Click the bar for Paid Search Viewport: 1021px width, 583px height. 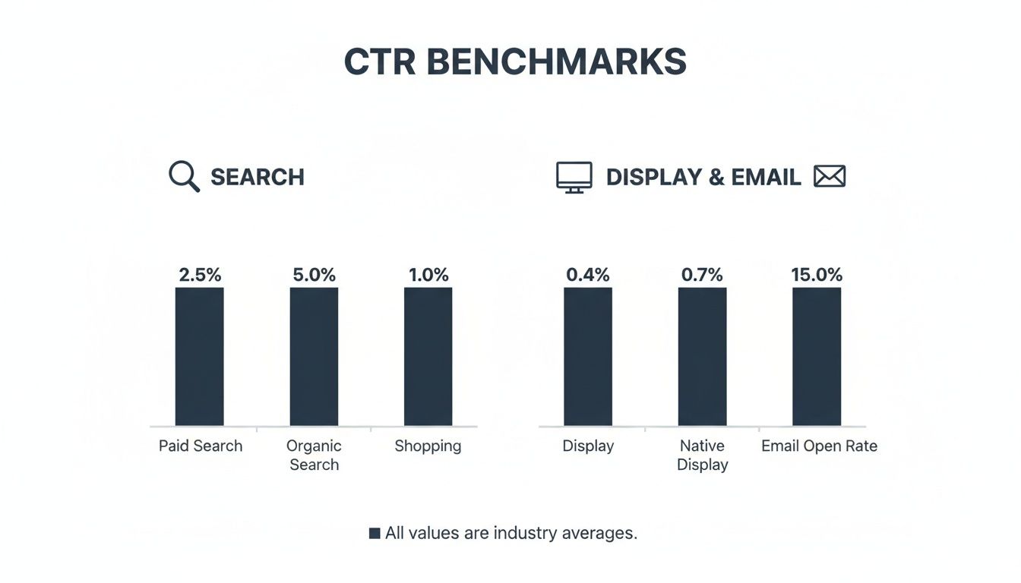click(x=199, y=356)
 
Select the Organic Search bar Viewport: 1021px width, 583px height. click(x=314, y=356)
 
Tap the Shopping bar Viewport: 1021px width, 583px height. click(x=428, y=356)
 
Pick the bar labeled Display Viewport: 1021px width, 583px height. click(x=588, y=356)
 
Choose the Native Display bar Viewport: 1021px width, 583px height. click(x=702, y=356)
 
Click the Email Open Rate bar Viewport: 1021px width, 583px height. click(x=817, y=356)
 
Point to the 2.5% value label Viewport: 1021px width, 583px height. click(x=200, y=275)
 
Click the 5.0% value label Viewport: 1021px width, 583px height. click(x=314, y=275)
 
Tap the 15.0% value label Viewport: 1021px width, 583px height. click(x=817, y=275)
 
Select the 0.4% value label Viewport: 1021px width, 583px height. click(x=588, y=275)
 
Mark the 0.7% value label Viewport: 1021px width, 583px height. click(x=702, y=275)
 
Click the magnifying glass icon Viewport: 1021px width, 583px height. click(x=184, y=177)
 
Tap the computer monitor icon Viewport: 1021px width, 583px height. click(x=574, y=178)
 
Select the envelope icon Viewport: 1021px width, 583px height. click(x=830, y=177)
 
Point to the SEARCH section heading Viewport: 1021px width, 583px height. click(x=257, y=178)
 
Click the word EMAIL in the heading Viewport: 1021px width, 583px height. click(x=766, y=178)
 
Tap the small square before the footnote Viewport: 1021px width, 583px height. click(x=375, y=534)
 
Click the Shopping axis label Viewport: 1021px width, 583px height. click(x=428, y=446)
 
